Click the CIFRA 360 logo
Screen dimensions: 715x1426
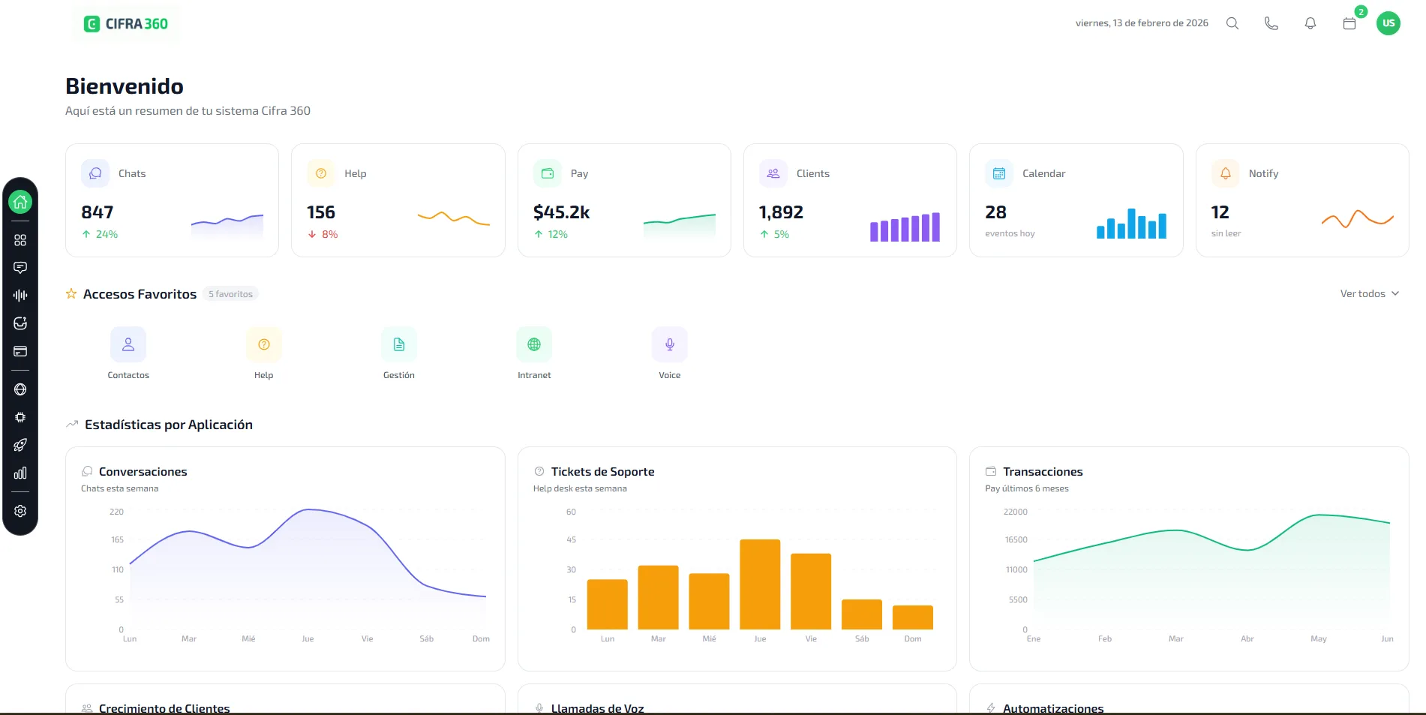[126, 24]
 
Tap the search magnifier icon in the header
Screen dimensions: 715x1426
[1232, 23]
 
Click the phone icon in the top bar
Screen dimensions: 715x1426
[1271, 23]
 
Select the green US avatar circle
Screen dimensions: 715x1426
[1388, 23]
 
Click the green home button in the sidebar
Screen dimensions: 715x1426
[20, 202]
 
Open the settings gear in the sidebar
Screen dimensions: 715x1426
[20, 511]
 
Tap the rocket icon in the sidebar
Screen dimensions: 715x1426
[20, 445]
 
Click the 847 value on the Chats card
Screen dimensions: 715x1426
[98, 212]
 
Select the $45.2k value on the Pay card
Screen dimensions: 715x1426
[561, 212]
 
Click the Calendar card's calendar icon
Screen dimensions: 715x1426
[998, 173]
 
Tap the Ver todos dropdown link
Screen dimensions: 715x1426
[1369, 293]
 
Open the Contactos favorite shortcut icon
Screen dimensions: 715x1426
[128, 344]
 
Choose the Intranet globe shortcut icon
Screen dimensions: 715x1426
[534, 344]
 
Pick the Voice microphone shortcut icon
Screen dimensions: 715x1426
[670, 344]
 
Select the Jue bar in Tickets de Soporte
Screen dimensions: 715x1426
[760, 584]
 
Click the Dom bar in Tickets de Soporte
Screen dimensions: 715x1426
[913, 617]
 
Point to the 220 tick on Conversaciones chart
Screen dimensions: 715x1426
[116, 512]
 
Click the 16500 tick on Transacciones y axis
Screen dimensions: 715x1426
[1016, 539]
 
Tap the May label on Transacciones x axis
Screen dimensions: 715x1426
[1319, 639]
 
